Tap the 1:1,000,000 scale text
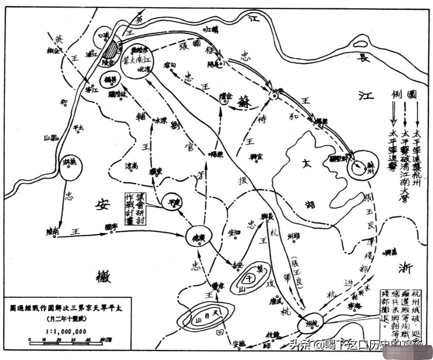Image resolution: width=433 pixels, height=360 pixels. (66, 331)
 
